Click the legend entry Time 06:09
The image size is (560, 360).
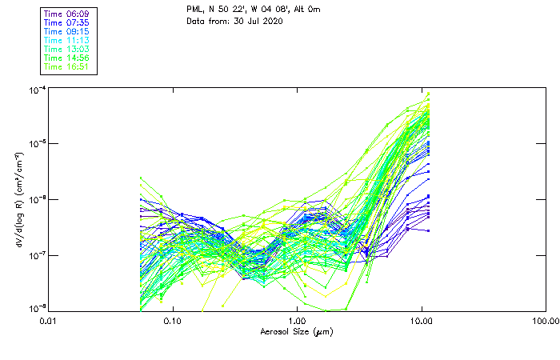[67, 14]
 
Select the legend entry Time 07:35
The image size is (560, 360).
[67, 23]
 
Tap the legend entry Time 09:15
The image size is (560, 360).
[67, 32]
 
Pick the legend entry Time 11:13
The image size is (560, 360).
[67, 41]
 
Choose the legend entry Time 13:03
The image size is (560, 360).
[67, 50]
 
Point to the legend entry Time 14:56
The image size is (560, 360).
[67, 58]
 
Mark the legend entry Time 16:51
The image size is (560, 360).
[67, 67]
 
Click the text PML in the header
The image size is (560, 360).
[194, 9]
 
